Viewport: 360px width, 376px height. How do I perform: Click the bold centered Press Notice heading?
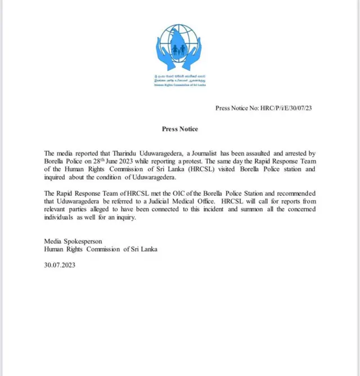(x=180, y=129)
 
